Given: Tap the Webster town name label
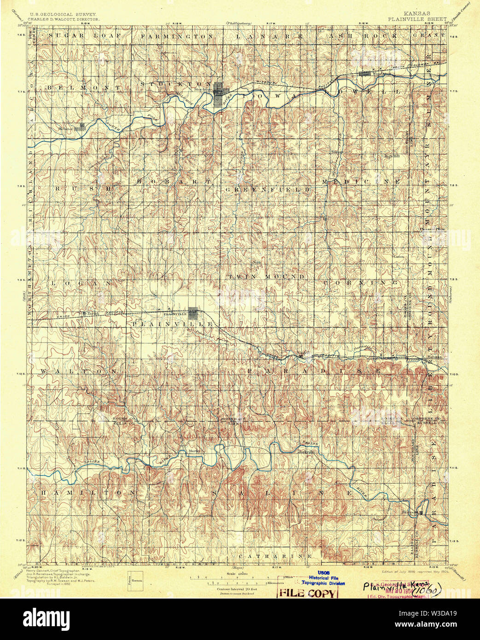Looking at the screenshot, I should tap(66, 129).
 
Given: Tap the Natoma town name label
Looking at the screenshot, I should tap(435, 357).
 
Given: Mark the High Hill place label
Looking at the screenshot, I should tap(392, 156).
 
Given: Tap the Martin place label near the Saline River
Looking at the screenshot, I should tap(194, 450).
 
